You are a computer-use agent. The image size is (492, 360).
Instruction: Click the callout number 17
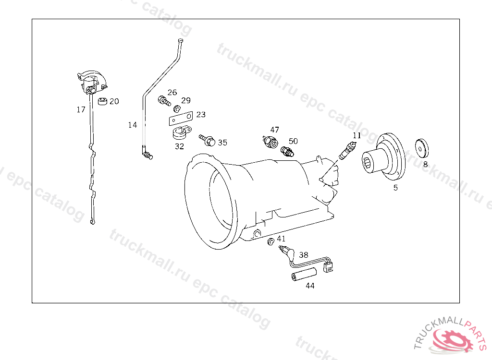(81, 109)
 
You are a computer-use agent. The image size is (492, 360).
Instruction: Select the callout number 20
(114, 101)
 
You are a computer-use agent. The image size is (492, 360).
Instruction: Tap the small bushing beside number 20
(103, 101)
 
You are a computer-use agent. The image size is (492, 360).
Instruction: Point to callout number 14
(133, 125)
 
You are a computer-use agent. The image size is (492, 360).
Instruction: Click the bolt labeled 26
(164, 101)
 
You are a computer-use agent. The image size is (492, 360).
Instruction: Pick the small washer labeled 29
(177, 108)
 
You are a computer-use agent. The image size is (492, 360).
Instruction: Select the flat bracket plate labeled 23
(181, 119)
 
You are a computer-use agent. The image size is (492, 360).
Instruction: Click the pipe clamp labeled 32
(182, 132)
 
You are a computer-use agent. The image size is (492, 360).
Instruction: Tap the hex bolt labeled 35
(207, 141)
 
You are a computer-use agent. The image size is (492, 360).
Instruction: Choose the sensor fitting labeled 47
(270, 142)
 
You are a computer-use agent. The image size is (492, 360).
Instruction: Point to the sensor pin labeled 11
(348, 150)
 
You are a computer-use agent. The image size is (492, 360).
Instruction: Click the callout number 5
(395, 188)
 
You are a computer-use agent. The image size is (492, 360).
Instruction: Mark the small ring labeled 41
(271, 241)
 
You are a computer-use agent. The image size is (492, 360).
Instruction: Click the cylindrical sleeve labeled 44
(304, 275)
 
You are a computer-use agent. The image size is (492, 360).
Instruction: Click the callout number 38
(304, 254)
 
